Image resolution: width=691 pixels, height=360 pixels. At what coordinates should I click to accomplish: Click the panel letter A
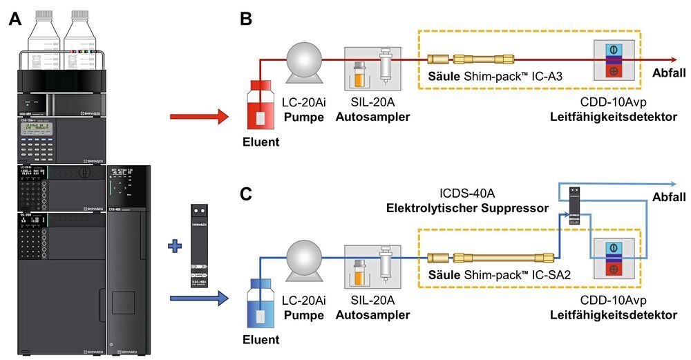pos(15,19)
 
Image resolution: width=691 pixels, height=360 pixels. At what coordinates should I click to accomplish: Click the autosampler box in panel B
pos(372,72)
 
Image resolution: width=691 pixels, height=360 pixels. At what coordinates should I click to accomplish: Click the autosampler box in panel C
pos(372,266)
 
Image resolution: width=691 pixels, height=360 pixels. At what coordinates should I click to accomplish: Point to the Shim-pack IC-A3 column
pos(472,60)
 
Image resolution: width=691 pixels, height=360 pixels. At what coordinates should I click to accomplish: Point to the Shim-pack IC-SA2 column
pos(491,257)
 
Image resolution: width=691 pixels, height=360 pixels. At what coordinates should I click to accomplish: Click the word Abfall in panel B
pos(669,73)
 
